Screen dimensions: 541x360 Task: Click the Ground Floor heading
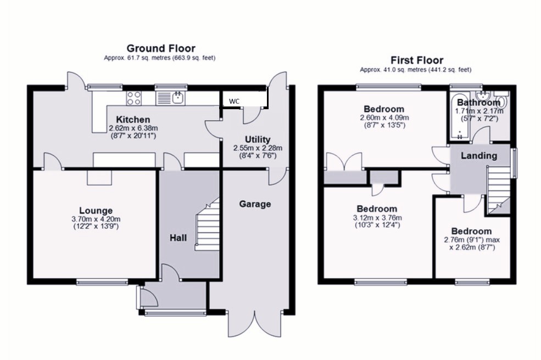point(161,48)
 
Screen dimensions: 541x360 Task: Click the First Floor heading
point(417,60)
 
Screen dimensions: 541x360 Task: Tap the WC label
point(234,102)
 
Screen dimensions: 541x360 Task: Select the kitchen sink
point(171,98)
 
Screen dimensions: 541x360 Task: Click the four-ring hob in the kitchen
point(134,98)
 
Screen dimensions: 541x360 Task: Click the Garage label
point(255,204)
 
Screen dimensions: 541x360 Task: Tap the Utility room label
point(258,139)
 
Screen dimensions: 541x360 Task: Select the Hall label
point(178,238)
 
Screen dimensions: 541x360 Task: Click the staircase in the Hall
point(208,224)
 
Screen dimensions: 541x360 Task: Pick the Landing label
point(479,156)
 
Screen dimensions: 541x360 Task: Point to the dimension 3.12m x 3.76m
point(377,218)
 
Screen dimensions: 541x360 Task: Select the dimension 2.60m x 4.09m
point(384,118)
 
